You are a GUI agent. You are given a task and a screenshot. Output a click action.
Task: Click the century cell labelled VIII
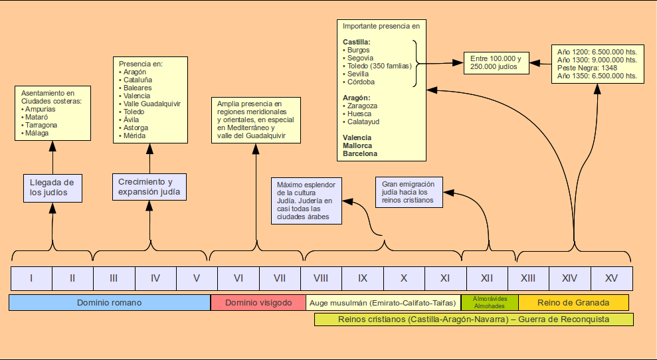click(x=321, y=278)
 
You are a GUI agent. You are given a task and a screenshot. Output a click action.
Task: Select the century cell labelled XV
click(x=611, y=278)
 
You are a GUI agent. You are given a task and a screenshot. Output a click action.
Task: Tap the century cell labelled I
click(x=31, y=278)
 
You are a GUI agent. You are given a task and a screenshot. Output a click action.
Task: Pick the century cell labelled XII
click(x=487, y=278)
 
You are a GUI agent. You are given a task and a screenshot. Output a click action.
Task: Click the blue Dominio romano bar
click(x=110, y=303)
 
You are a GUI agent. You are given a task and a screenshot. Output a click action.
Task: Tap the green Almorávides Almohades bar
click(x=490, y=303)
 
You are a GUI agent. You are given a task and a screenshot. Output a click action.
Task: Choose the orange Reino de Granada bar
click(x=573, y=303)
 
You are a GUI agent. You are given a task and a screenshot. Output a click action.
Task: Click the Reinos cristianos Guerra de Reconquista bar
click(x=474, y=319)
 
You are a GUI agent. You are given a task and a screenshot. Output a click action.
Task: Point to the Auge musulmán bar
click(x=383, y=303)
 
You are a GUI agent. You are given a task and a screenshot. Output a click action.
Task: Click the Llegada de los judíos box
click(x=53, y=188)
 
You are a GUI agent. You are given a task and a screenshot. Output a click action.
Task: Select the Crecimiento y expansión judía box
click(x=149, y=187)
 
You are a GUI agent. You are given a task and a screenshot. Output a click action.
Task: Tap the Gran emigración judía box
click(x=409, y=192)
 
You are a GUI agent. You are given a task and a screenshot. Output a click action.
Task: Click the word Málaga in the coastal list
click(x=37, y=133)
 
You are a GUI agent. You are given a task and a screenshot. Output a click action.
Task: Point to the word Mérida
click(x=136, y=135)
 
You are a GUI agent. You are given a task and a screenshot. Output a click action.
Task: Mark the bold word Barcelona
click(x=360, y=153)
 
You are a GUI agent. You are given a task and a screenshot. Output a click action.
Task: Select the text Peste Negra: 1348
click(x=588, y=68)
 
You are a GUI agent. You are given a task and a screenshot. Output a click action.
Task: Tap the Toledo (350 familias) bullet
click(x=379, y=66)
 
